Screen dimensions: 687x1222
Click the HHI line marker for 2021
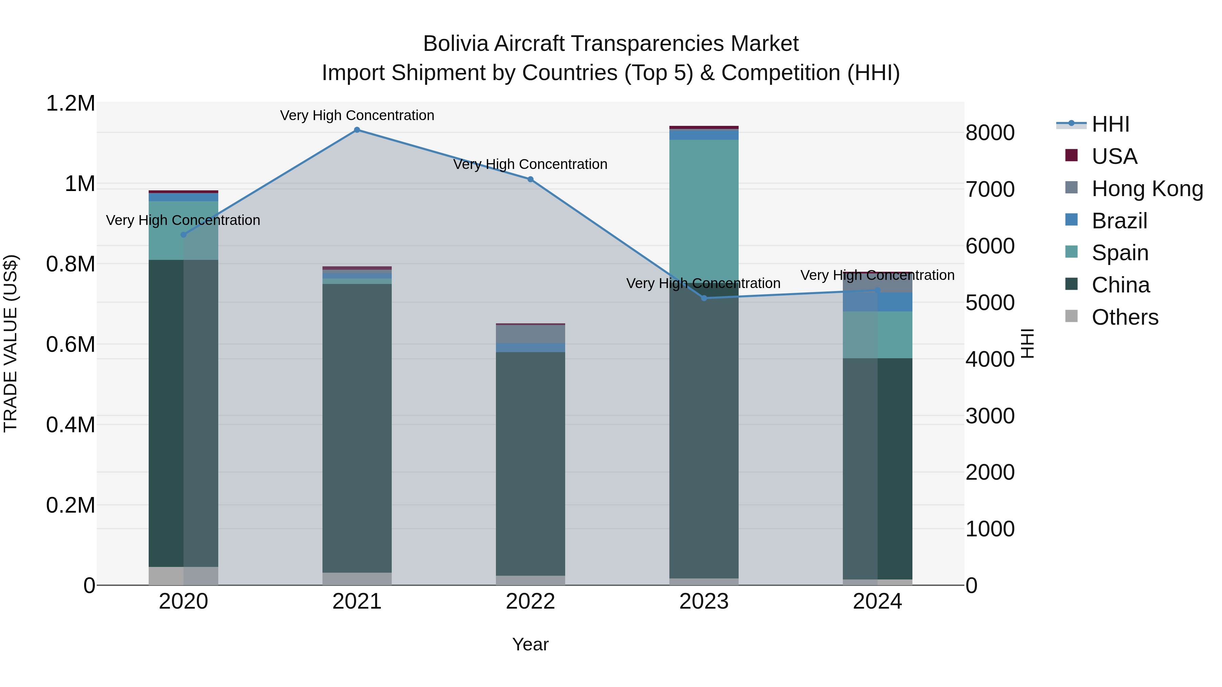(x=357, y=130)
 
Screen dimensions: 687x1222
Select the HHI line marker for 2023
(x=704, y=298)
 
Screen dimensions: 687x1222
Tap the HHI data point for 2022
(x=530, y=179)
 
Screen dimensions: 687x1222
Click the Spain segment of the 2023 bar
(x=704, y=209)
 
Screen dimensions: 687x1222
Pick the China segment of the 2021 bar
(x=357, y=427)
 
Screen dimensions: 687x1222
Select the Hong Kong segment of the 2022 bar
(x=530, y=334)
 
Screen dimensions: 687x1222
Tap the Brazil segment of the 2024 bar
(x=877, y=302)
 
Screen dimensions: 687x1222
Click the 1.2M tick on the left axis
(x=70, y=103)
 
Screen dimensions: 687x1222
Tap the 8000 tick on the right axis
(x=990, y=133)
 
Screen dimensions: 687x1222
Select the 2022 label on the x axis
(x=530, y=602)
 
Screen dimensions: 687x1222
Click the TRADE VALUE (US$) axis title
(x=11, y=343)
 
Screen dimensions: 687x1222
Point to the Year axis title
(x=530, y=644)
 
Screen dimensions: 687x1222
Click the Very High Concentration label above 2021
(x=357, y=115)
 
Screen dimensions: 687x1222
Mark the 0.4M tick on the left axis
(x=70, y=425)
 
